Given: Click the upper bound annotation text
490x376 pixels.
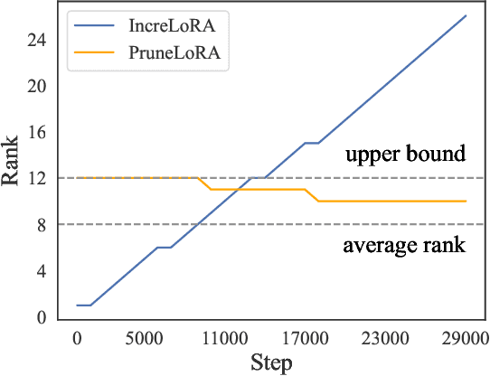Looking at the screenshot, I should [405, 155].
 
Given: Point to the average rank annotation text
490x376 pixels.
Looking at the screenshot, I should [404, 245].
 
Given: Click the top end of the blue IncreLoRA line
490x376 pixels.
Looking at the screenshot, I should [466, 15].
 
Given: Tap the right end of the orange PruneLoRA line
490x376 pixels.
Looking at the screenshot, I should [466, 201].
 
